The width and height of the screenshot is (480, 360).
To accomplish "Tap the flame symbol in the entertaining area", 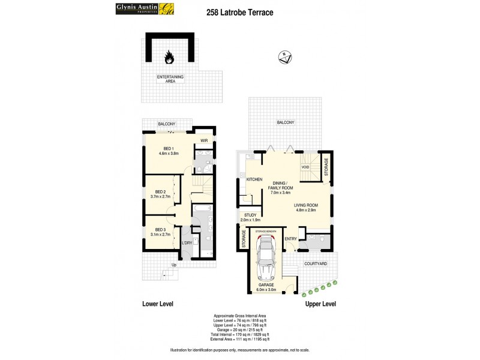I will (170, 58).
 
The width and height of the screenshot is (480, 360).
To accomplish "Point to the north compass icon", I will (285, 58).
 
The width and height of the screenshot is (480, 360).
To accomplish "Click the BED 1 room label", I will (169, 149).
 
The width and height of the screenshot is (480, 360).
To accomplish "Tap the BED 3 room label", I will (160, 229).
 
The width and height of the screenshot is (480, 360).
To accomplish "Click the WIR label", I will (203, 141).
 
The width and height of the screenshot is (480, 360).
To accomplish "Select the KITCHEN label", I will (254, 179).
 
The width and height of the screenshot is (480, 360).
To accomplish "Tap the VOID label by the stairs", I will (313, 167).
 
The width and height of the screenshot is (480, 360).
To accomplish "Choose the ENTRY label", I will (291, 239).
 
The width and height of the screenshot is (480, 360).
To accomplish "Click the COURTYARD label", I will (315, 263).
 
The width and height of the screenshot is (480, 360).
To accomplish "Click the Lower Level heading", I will (158, 304).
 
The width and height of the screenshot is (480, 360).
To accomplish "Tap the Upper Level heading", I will (320, 304).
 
